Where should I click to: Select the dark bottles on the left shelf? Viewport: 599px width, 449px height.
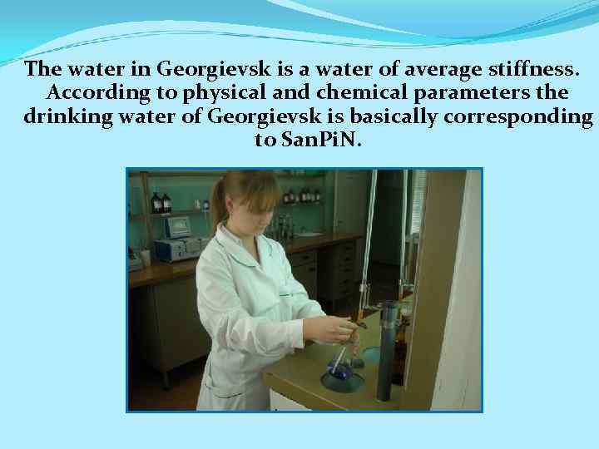tap(161, 203)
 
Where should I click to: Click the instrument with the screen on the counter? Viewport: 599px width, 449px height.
tap(178, 228)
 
